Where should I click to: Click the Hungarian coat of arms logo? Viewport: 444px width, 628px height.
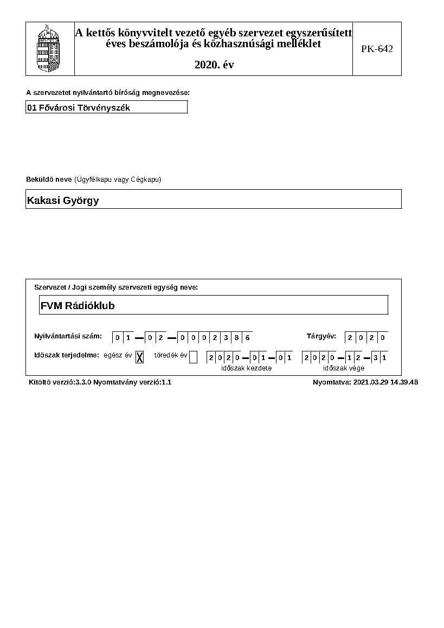pos(49,48)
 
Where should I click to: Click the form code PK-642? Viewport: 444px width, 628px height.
pos(377,49)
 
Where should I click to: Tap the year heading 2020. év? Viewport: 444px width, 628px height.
pos(214,65)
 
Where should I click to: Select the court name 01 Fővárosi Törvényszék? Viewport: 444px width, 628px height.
pos(79,107)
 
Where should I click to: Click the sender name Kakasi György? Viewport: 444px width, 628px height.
pos(63,201)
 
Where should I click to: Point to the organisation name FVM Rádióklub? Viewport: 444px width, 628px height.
pos(78,305)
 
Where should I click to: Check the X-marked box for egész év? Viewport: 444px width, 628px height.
pos(139,357)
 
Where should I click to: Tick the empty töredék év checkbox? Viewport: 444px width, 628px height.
pos(193,357)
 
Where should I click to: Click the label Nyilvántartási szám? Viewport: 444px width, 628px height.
pos(68,336)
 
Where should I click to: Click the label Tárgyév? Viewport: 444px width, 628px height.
pos(321,336)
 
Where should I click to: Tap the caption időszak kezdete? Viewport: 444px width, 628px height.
pos(246,368)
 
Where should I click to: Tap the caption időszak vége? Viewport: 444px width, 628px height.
pos(344,368)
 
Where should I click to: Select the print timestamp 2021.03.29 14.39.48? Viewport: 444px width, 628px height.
pos(385,382)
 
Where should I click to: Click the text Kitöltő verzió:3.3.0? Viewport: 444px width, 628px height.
pos(60,382)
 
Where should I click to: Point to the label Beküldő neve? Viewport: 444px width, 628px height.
pos(49,180)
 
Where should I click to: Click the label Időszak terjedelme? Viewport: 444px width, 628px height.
pos(67,355)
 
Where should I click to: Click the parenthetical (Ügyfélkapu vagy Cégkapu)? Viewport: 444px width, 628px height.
pos(118,180)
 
